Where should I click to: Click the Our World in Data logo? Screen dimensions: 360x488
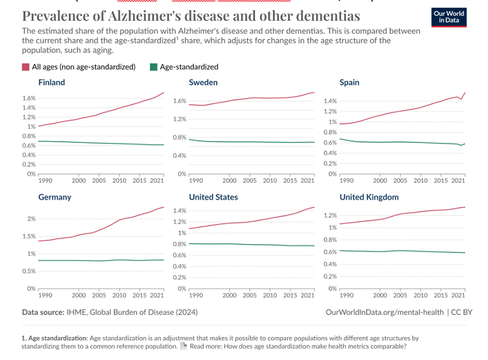point(449,17)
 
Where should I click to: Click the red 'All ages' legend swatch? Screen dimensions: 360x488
point(25,67)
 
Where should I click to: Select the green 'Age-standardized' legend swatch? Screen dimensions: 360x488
point(154,67)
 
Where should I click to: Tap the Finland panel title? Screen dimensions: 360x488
point(51,82)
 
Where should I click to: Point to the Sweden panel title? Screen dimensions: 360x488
point(203,82)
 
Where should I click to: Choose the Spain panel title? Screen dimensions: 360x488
point(349,82)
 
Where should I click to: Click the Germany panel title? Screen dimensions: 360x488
point(55,197)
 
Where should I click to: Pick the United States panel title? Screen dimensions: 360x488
point(213,197)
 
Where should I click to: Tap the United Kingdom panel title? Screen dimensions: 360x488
point(369,197)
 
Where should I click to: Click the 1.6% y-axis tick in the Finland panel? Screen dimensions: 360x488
point(28,98)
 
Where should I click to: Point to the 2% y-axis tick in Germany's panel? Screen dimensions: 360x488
point(31,219)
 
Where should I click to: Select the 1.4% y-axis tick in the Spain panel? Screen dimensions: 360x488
point(329,101)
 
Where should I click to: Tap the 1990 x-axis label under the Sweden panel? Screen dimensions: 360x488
point(196,180)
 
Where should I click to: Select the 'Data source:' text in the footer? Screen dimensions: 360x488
point(43,313)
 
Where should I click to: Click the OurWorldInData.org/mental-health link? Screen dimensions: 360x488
point(384,313)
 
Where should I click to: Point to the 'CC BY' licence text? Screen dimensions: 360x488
point(462,313)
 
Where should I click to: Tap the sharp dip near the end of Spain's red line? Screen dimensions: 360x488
point(461,99)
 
